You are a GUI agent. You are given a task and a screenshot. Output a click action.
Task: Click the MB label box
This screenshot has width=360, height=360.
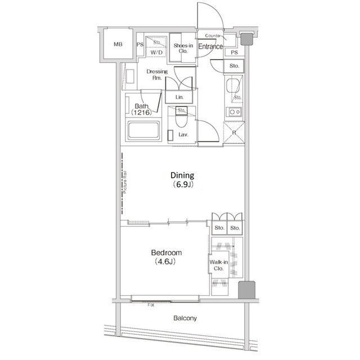[118, 44]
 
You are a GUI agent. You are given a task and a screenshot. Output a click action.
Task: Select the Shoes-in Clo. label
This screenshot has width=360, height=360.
[183, 48]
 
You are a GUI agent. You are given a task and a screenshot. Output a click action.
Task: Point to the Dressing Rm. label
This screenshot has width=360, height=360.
[155, 75]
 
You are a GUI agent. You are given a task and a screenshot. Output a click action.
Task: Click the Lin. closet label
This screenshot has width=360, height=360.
[180, 97]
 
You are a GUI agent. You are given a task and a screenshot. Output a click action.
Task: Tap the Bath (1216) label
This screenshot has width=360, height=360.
[141, 109]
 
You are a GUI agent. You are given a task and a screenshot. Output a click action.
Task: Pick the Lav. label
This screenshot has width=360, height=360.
[183, 136]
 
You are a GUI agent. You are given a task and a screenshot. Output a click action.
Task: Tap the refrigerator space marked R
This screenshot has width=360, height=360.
[233, 134]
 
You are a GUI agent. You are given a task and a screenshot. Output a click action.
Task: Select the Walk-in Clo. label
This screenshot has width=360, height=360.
[218, 265]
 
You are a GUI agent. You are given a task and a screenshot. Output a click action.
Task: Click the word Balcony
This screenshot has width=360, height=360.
[184, 318]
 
